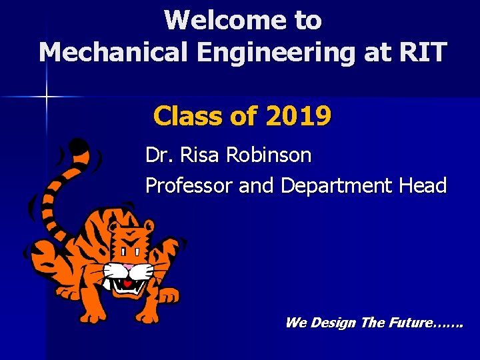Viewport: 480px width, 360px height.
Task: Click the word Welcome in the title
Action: click(x=219, y=20)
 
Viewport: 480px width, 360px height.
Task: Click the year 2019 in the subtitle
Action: click(x=298, y=117)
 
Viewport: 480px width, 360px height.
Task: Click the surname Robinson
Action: click(x=269, y=155)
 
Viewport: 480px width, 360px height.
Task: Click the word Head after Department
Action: click(x=423, y=185)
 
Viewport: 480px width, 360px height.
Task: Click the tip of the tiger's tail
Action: click(x=79, y=145)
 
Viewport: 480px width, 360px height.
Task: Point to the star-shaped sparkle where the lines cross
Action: click(x=46, y=97)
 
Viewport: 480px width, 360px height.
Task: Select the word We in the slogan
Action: click(x=295, y=323)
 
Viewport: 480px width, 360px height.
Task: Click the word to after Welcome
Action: click(x=307, y=20)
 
